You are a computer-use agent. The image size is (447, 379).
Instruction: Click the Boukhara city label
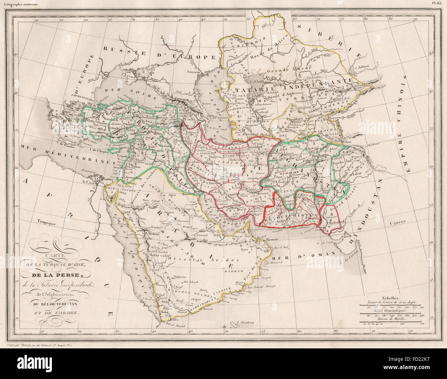coord(293,121)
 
